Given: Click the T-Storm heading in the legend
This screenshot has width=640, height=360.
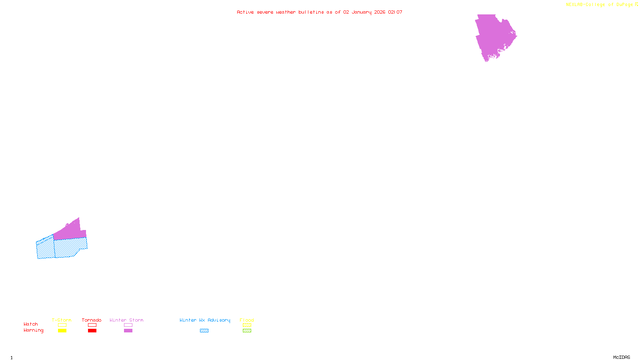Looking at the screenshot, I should coord(62,320).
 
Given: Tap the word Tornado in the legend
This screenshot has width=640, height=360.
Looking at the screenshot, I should coord(92,320).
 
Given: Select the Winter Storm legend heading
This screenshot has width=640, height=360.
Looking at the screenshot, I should coord(126,320).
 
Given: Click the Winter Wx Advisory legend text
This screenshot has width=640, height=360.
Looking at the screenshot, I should coord(205,320).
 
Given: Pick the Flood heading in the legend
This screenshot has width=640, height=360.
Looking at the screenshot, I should coord(247,320).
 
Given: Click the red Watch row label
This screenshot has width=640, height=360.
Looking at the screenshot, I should coord(31,324).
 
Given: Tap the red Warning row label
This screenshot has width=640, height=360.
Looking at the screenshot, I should coord(34,330).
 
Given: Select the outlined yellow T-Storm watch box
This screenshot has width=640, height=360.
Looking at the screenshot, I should coord(62,325).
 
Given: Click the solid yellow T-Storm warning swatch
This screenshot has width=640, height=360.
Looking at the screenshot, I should coord(62,331).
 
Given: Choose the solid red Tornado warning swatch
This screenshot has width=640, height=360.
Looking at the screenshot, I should coord(92,331).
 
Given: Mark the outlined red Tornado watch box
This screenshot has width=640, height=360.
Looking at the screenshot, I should coord(92,325).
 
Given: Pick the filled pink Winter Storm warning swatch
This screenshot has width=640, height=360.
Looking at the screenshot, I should coord(128,331).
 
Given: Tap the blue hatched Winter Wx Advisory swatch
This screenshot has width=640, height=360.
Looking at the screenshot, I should coord(204,331).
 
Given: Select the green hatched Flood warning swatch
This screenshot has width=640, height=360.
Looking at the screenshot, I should coord(247,331).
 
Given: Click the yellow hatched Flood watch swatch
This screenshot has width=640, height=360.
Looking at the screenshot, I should coord(247,325).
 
